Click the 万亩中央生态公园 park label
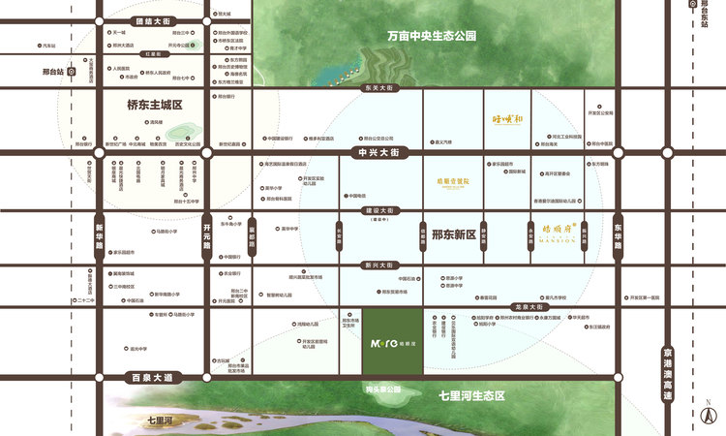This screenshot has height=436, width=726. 432,36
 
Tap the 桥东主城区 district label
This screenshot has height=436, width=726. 155,105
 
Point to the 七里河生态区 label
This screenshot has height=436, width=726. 472,395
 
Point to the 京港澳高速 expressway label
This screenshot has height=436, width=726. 665,373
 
